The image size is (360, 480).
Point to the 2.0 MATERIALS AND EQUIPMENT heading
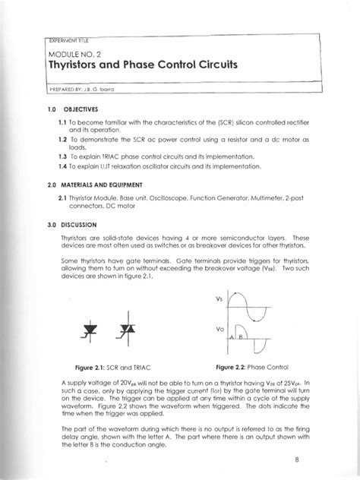pyautogui.click(x=81, y=186)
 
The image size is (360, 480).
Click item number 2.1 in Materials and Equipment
pyautogui.click(x=64, y=198)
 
